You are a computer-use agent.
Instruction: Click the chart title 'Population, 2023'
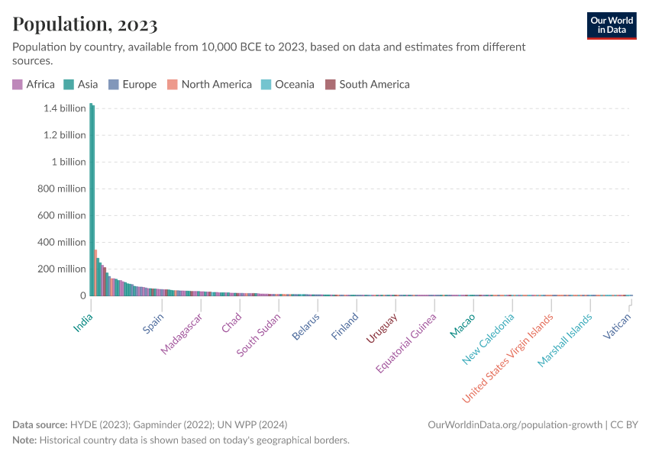(85, 24)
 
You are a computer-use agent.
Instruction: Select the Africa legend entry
(34, 85)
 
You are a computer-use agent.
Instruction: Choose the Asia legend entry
(81, 85)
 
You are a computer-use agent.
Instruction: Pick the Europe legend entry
(133, 85)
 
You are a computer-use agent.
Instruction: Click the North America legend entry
(210, 85)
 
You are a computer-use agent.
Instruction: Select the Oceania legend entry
(288, 85)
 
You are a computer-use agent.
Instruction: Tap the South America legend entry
(368, 85)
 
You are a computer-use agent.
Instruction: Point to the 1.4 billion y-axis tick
(65, 108)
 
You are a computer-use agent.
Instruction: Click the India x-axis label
(82, 323)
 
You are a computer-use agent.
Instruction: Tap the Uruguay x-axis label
(381, 328)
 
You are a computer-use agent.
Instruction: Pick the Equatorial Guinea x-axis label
(406, 343)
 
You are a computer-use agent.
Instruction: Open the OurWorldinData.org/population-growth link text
(515, 424)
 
